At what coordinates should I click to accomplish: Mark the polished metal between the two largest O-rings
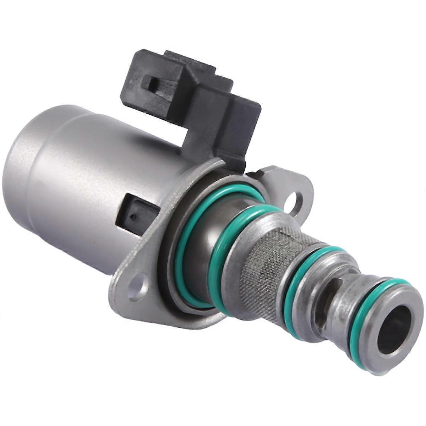(x=202, y=245)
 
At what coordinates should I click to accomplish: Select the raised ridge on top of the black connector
(x=192, y=60)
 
